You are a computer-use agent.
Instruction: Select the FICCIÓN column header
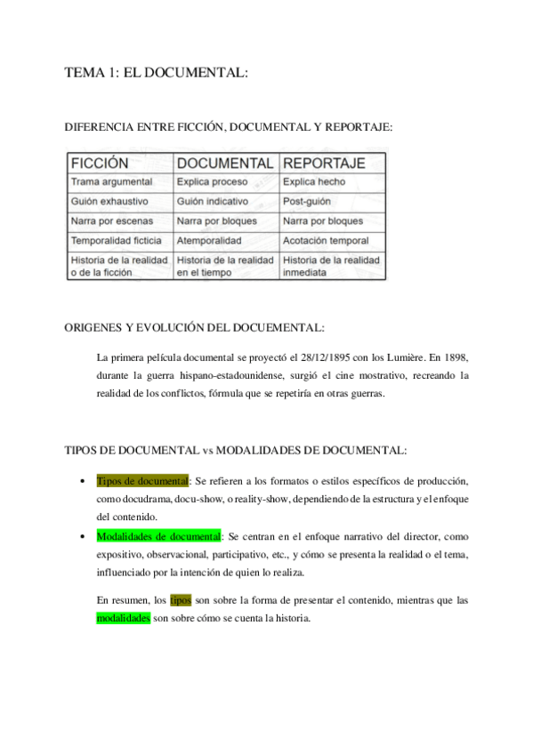(100, 164)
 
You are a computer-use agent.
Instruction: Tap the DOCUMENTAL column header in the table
(225, 164)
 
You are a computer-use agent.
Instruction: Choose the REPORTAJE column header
(324, 164)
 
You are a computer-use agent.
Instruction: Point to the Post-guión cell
(308, 202)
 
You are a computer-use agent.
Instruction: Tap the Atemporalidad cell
(209, 241)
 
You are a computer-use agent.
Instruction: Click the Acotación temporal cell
(326, 241)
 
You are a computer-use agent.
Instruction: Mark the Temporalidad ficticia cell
(116, 241)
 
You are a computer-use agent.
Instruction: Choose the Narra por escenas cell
(112, 221)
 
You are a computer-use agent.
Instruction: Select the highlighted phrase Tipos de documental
(142, 481)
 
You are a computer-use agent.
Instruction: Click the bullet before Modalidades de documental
(81, 537)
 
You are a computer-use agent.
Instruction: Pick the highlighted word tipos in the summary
(181, 600)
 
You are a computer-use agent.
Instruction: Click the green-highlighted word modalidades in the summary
(123, 618)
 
